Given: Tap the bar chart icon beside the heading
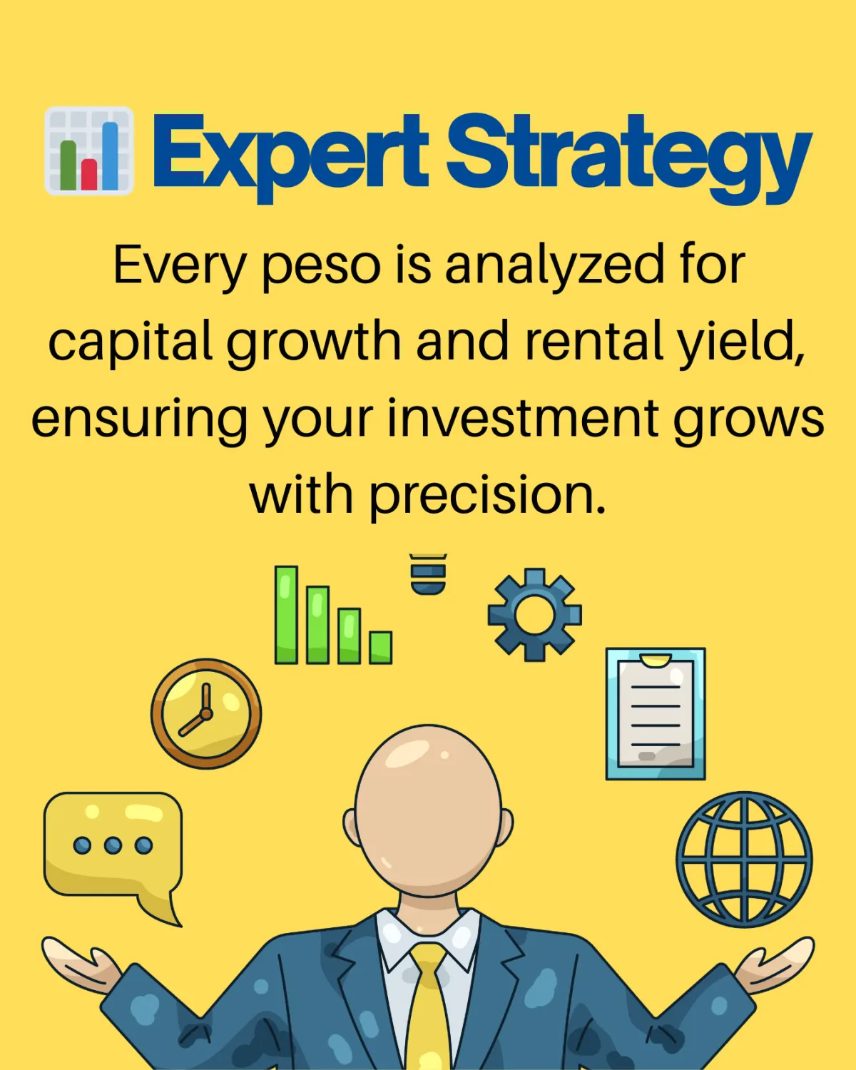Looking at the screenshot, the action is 89,151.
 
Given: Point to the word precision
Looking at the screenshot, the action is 487,495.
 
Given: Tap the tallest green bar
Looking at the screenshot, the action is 286,615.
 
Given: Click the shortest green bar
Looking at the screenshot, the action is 380,648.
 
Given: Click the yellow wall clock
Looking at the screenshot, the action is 206,714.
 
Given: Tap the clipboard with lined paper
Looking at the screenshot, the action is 655,713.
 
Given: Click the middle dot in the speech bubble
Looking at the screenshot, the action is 113,845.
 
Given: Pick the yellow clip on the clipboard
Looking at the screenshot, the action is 655,661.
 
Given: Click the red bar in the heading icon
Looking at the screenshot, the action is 89,174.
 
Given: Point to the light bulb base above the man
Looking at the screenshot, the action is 428,575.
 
